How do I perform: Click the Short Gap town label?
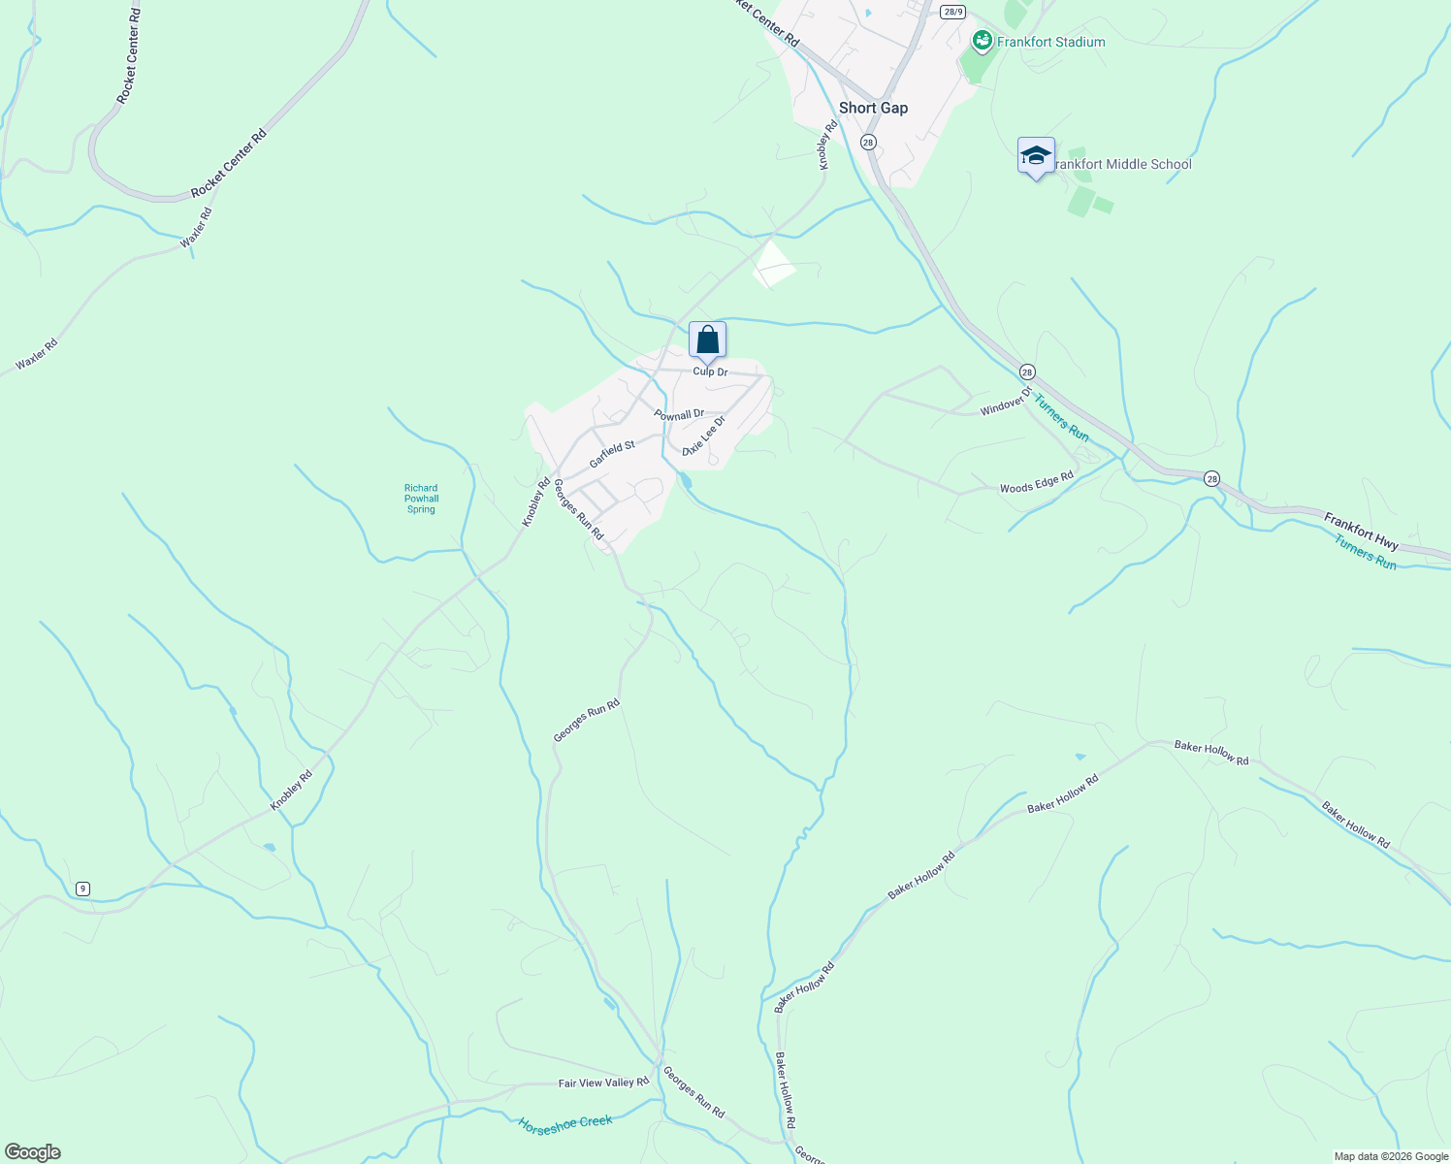[x=873, y=108]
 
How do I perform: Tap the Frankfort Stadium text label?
[x=1050, y=42]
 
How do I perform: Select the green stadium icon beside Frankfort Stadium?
[x=982, y=41]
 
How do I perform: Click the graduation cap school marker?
[x=1036, y=155]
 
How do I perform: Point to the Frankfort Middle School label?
[x=1121, y=164]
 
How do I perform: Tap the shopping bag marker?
[x=707, y=340]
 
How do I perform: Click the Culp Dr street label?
[x=710, y=372]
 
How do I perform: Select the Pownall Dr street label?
[x=679, y=414]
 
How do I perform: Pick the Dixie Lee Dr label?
[x=703, y=436]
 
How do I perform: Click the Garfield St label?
[x=612, y=453]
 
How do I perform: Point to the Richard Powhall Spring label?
[x=421, y=499]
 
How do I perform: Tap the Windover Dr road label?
[x=1006, y=403]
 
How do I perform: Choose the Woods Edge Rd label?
[x=1036, y=482]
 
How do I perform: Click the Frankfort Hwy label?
[x=1361, y=532]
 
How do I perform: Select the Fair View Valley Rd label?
[x=603, y=1083]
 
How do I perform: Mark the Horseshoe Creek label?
[x=565, y=1123]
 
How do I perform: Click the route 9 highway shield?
[x=82, y=889]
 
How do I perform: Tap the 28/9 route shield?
[x=951, y=11]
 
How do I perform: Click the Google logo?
[x=32, y=1152]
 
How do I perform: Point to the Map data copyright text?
[x=1390, y=1156]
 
